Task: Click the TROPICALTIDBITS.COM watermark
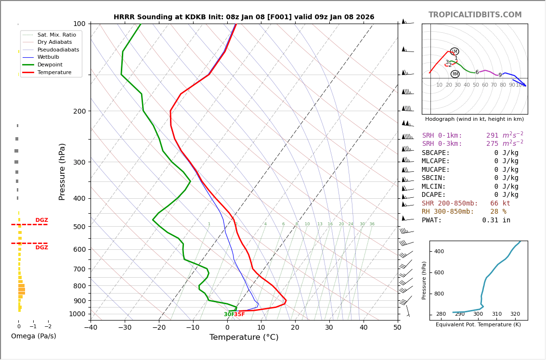pos(475,15)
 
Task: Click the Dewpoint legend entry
pos(54,64)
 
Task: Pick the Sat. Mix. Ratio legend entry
pos(56,35)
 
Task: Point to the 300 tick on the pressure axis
pos(79,162)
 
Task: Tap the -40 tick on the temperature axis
pos(91,328)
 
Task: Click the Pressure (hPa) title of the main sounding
pos(63,171)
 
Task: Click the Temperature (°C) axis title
pos(244,337)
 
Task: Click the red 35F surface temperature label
pos(240,314)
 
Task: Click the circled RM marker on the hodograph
pos(455,74)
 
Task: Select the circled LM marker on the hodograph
pos(455,51)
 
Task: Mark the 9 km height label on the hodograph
pos(500,75)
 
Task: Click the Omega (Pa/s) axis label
pos(33,336)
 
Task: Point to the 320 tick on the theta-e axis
pos(515,314)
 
